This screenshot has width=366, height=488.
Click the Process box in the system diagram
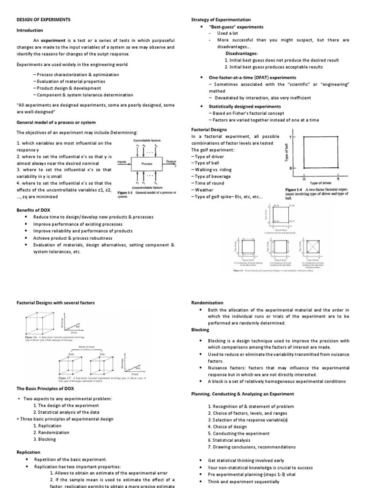pyautogui.click(x=146, y=163)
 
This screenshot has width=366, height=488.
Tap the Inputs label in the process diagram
pyautogui.click(x=122, y=162)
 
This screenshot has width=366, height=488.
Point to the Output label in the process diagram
pyautogui.click(x=171, y=162)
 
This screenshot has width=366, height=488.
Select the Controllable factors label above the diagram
pyautogui.click(x=147, y=141)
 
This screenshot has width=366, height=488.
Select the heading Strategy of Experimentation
pyautogui.click(x=221, y=20)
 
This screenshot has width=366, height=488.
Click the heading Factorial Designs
pyautogui.click(x=209, y=129)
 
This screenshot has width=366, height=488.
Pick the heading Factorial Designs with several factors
pyautogui.click(x=55, y=303)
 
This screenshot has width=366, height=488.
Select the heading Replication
pyautogui.click(x=29, y=452)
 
